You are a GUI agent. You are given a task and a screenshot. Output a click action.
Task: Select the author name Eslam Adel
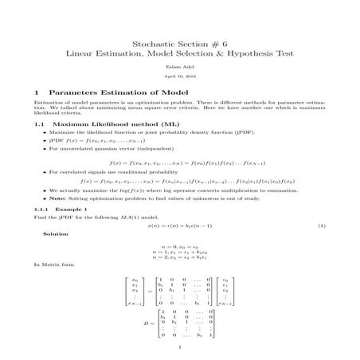click(x=180, y=66)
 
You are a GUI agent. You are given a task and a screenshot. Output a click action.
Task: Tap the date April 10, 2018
click(x=180, y=77)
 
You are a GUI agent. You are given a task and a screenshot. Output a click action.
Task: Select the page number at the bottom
click(x=180, y=347)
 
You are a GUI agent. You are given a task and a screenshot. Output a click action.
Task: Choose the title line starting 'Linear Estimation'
click(x=180, y=53)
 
